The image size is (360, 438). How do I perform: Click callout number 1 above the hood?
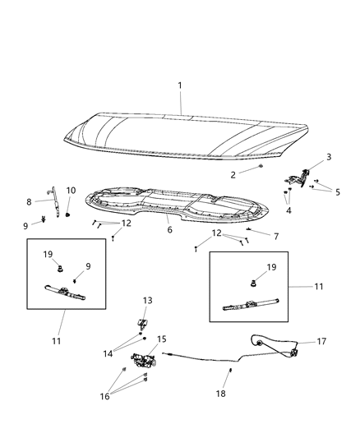tap(181, 85)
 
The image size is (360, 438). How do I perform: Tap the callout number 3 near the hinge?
tap(306, 157)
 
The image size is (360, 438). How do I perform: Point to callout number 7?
tap(276, 236)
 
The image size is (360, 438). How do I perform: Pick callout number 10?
tap(71, 190)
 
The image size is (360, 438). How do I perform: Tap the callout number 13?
tap(148, 300)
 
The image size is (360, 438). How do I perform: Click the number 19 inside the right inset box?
tap(270, 266)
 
